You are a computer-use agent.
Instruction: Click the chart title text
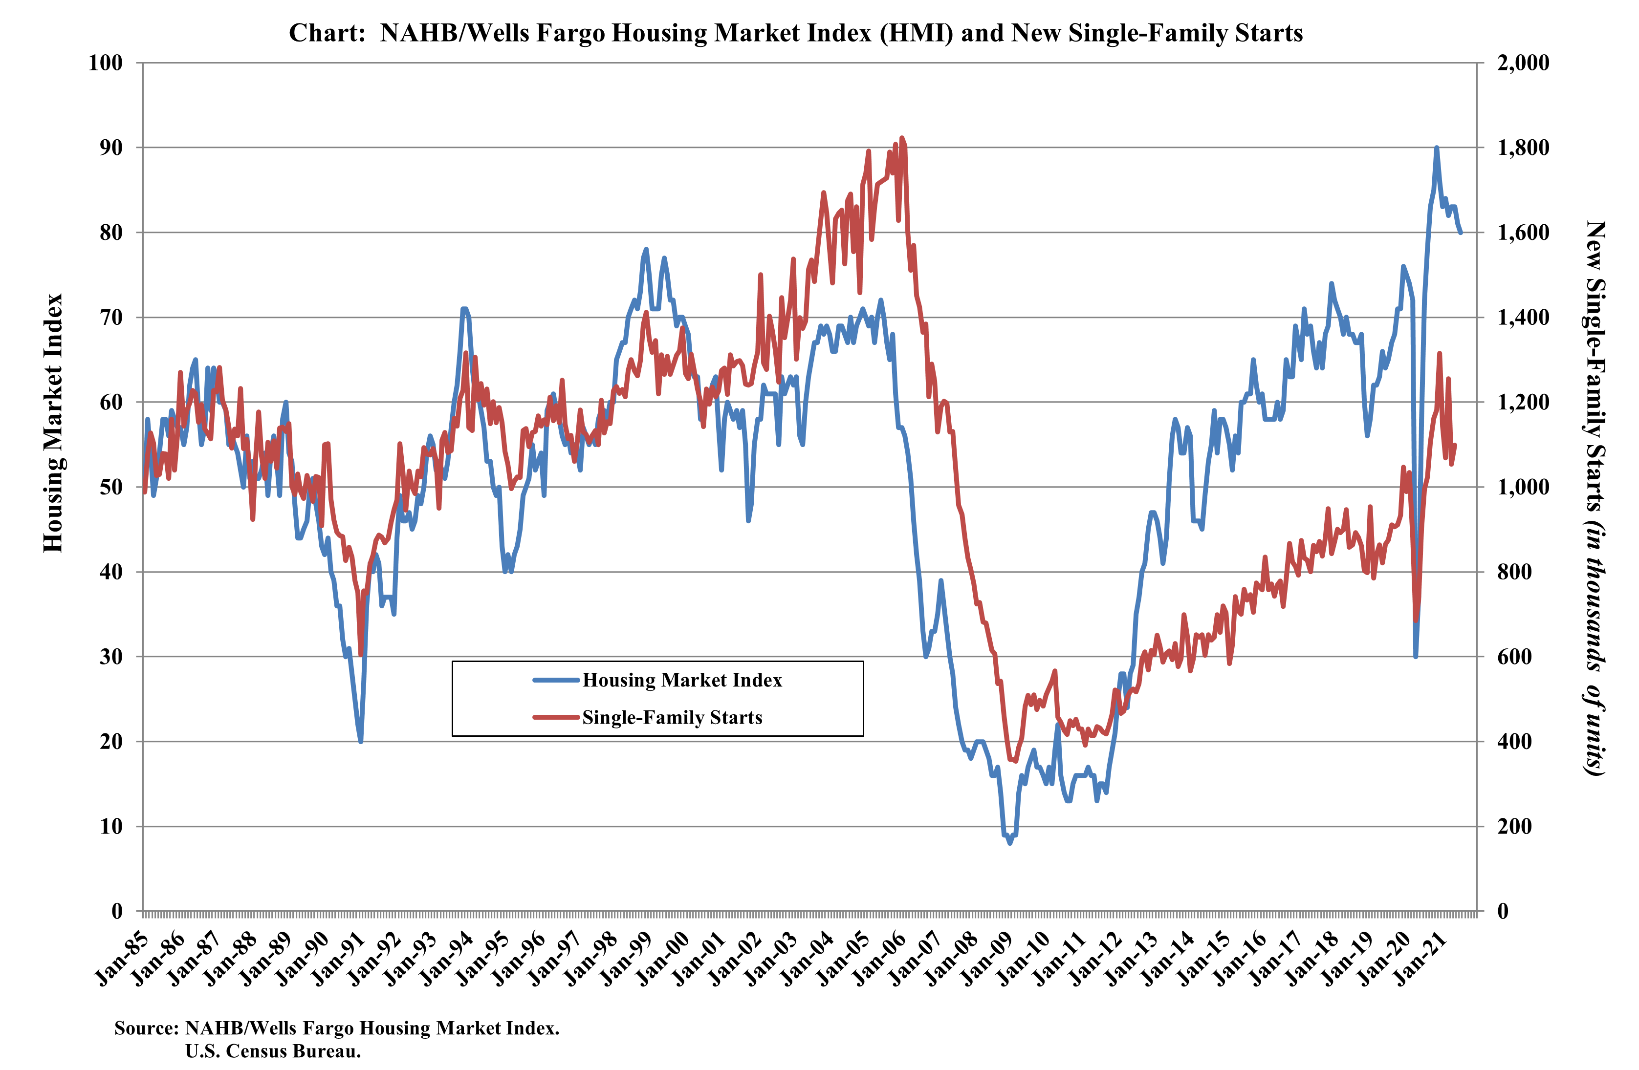(795, 33)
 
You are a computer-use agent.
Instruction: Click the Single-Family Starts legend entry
(672, 717)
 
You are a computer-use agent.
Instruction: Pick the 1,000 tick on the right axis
(1523, 487)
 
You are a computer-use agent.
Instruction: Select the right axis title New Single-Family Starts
(1594, 497)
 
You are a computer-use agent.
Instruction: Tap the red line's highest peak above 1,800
(902, 138)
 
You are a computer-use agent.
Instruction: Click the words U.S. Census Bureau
(273, 1051)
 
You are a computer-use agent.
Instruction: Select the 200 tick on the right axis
(1514, 826)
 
